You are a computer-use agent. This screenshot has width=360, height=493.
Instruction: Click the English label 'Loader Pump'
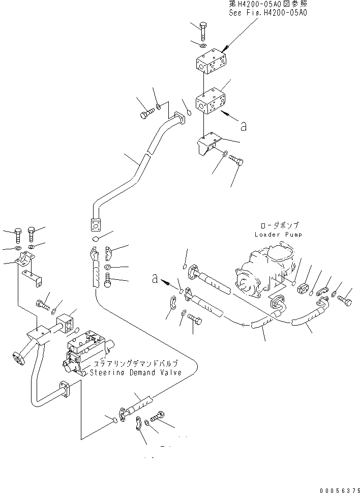(278, 235)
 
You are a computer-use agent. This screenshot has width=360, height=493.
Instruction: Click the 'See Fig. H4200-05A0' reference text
(268, 13)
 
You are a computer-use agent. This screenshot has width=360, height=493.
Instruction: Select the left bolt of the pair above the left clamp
(19, 235)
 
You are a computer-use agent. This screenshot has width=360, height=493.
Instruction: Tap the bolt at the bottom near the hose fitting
(158, 417)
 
